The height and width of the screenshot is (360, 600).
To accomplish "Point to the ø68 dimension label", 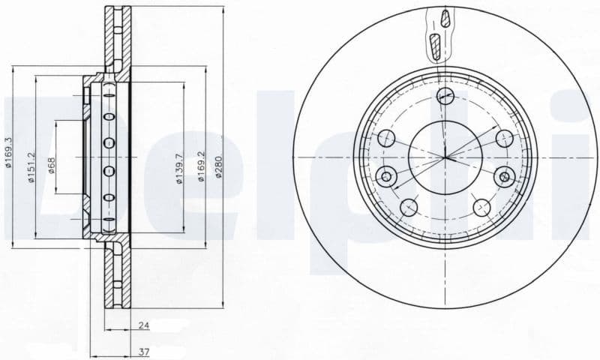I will (51, 163).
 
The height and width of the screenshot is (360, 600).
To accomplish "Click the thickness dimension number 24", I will (143, 326).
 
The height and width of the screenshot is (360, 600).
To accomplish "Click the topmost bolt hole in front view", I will (445, 94).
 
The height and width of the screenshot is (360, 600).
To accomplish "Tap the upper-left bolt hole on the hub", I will (388, 137).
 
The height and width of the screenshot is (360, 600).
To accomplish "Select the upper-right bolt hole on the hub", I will (503, 137).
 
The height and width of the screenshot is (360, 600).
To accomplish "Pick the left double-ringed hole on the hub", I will (387, 177).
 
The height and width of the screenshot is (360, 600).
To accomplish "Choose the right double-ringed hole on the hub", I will (504, 177).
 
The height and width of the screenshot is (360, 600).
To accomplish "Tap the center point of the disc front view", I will (445, 157).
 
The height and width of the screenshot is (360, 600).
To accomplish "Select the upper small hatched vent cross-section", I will (445, 18).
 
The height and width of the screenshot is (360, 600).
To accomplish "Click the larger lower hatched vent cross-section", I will (435, 46).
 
